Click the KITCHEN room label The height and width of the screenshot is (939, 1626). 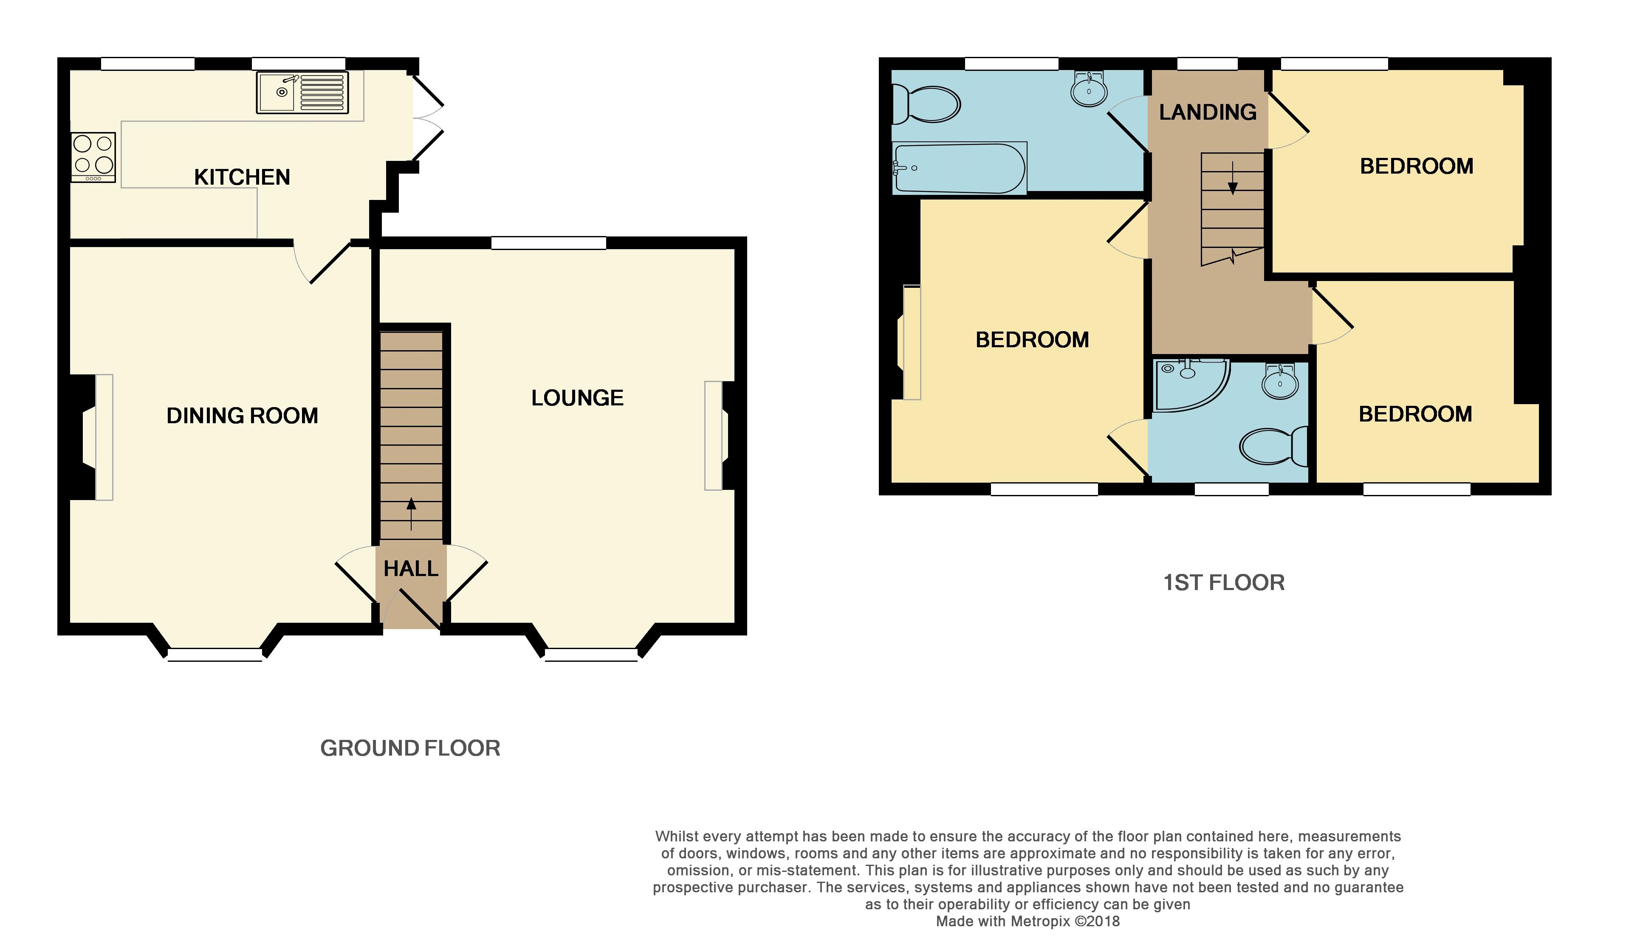point(242,177)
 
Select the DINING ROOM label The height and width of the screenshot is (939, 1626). point(242,415)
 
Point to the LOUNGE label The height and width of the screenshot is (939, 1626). point(578,398)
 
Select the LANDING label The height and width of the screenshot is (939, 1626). point(1208,112)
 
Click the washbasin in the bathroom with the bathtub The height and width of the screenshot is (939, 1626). point(1089,89)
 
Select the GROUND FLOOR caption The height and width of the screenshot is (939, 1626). point(410,748)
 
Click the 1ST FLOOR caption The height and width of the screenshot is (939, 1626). point(1224,583)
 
